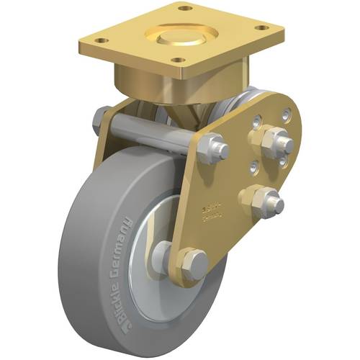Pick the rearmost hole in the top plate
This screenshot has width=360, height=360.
coord(186,9)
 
